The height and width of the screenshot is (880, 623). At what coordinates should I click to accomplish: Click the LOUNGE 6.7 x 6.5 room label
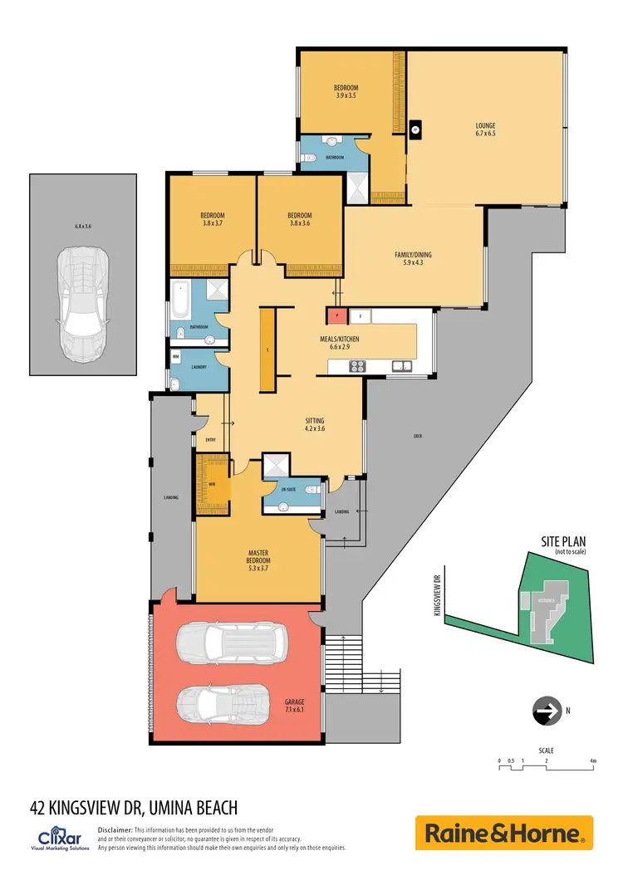(485, 130)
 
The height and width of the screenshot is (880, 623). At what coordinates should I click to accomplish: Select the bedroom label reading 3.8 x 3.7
(213, 219)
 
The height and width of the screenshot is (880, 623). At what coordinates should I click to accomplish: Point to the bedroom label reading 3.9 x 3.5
(346, 91)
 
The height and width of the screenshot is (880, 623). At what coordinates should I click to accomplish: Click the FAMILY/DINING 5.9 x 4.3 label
(413, 259)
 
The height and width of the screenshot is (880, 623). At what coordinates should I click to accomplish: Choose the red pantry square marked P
(336, 315)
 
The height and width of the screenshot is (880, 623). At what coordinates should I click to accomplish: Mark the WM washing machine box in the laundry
(175, 358)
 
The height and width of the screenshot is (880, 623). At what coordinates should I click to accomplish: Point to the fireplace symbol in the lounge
(415, 129)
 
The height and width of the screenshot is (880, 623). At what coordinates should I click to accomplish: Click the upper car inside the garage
(233, 642)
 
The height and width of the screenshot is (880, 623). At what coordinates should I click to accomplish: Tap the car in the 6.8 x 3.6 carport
(82, 302)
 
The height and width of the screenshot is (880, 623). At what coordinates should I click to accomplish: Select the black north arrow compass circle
(545, 711)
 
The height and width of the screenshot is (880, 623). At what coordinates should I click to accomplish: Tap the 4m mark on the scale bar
(592, 760)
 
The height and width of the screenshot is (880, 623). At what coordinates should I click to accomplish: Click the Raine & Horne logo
(504, 833)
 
